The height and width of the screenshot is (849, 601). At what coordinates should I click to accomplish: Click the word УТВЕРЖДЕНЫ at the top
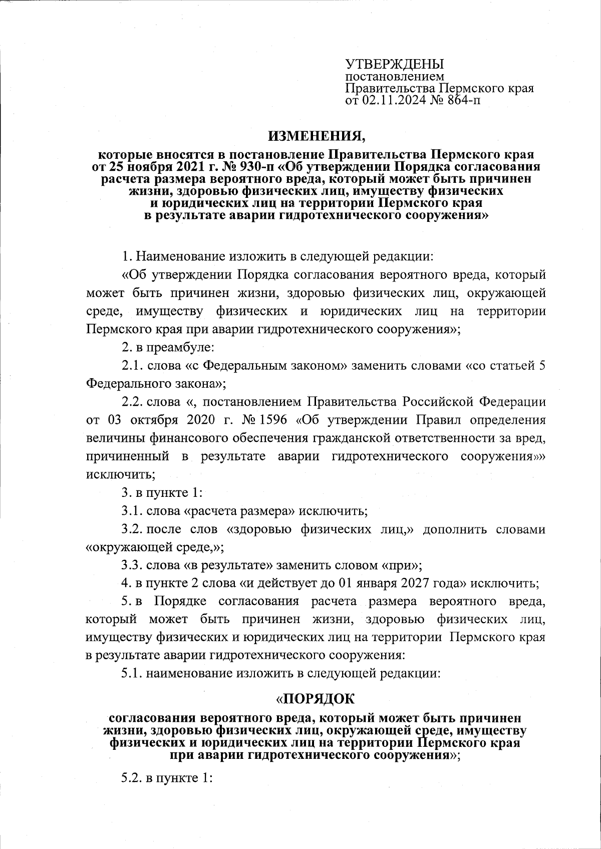pyautogui.click(x=395, y=64)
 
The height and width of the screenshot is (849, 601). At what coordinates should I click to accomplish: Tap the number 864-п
pyautogui.click(x=460, y=101)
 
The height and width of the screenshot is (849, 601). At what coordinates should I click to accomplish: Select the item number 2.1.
pyautogui.click(x=133, y=366)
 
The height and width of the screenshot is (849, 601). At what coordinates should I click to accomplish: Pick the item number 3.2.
pyautogui.click(x=133, y=529)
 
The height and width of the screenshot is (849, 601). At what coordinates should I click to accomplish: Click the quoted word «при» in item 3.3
pyautogui.click(x=402, y=565)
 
